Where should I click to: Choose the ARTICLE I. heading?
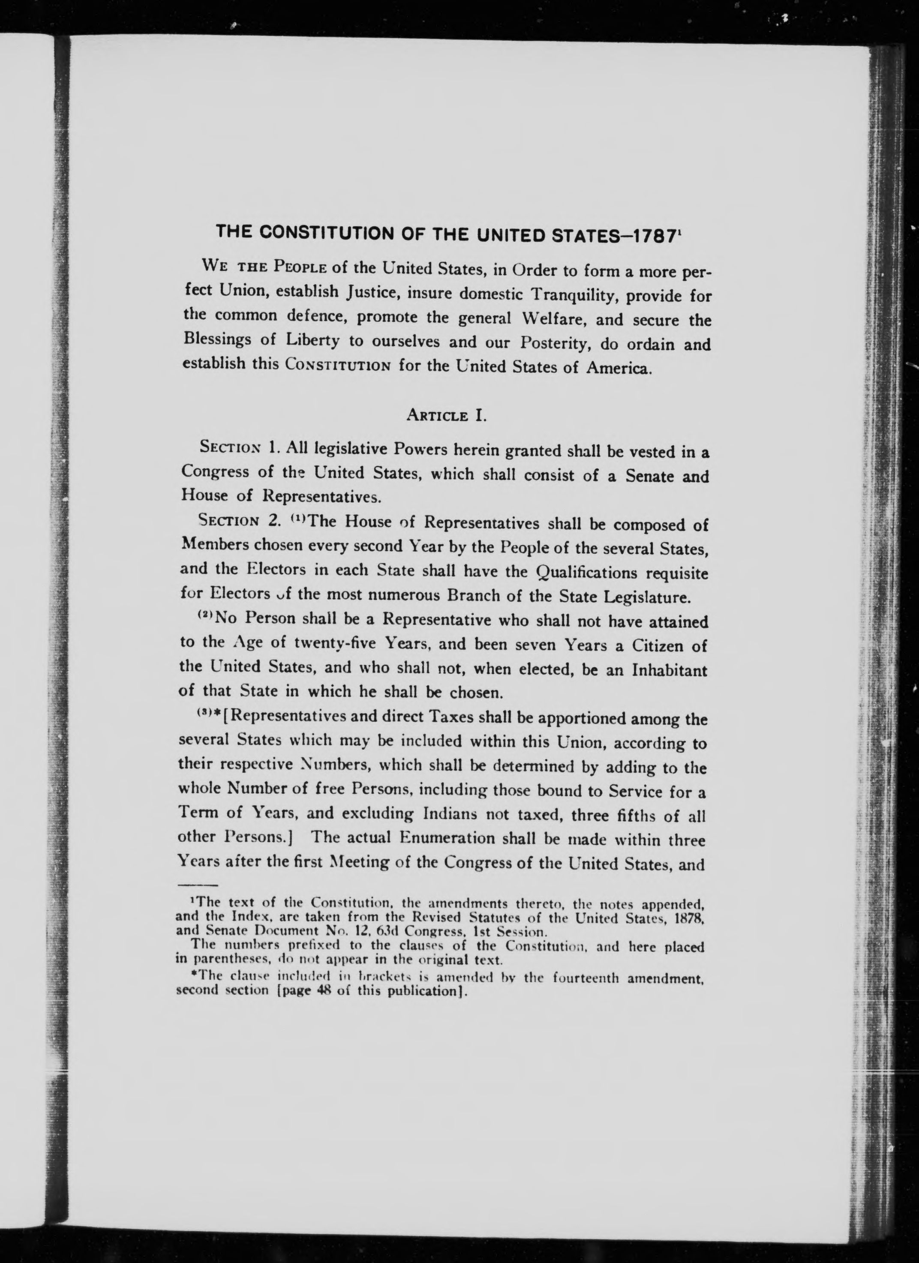click(x=447, y=415)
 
